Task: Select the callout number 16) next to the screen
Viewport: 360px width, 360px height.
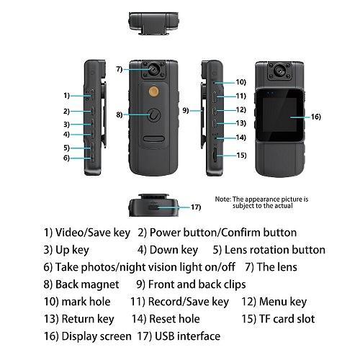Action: (x=315, y=116)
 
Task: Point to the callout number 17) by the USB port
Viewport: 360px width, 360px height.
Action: (x=195, y=207)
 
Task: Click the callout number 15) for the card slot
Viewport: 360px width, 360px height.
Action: (x=240, y=155)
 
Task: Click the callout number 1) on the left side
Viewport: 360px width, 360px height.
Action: (x=66, y=95)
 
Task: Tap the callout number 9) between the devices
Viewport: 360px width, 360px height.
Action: (x=185, y=110)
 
